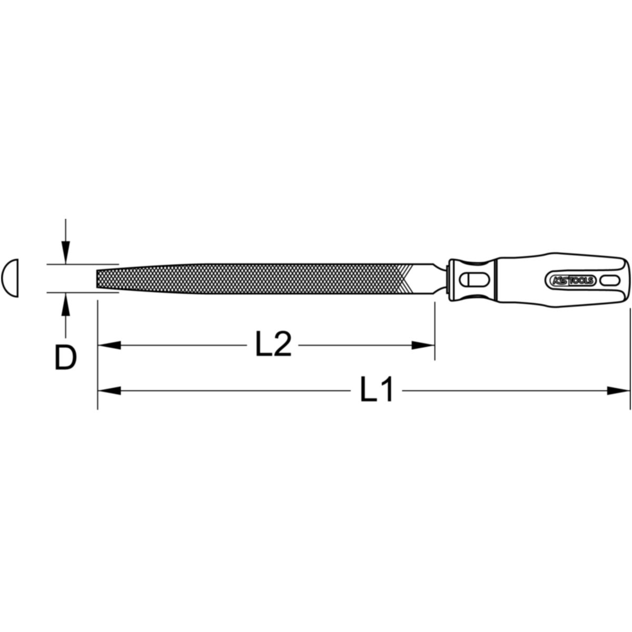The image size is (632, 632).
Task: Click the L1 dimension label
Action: [x=376, y=390]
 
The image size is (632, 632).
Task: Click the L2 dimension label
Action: [x=273, y=344]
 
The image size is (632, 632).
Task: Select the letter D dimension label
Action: [x=66, y=358]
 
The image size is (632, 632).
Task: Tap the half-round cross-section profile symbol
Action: [x=10, y=278]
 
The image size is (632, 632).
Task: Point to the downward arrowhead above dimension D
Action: [x=66, y=253]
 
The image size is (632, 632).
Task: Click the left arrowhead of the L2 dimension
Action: [x=110, y=345]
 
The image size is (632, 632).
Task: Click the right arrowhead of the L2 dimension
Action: [x=423, y=345]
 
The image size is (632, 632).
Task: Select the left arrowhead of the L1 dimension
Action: [x=110, y=391]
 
